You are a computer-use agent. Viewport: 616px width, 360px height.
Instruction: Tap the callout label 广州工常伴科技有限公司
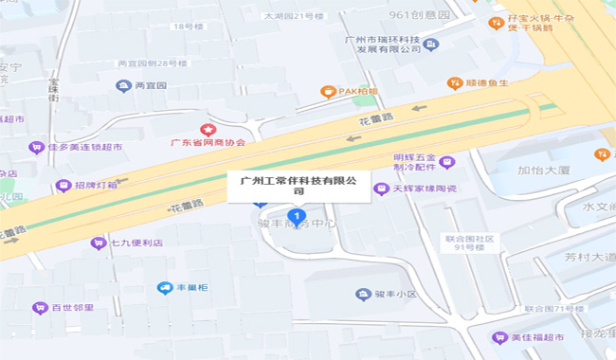pos(299,184)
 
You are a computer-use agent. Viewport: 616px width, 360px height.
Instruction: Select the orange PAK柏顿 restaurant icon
pos(328,92)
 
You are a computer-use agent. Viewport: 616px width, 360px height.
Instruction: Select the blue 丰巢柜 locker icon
pos(165,286)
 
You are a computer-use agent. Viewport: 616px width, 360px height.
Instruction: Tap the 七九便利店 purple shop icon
pos(98,243)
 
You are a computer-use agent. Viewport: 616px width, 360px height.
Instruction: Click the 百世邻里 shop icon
pos(39,307)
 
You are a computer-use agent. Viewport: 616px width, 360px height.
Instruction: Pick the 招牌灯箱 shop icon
pos(63,185)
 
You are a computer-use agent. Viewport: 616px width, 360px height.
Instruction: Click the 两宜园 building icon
pos(123,86)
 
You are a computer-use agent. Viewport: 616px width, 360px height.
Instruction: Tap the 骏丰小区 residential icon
pos(364,295)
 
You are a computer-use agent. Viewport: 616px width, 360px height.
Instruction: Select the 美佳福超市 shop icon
pos(499,337)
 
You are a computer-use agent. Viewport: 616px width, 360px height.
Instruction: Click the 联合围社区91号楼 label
pos(472,243)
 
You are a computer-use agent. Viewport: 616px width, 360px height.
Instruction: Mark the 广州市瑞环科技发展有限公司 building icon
pos(432,44)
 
